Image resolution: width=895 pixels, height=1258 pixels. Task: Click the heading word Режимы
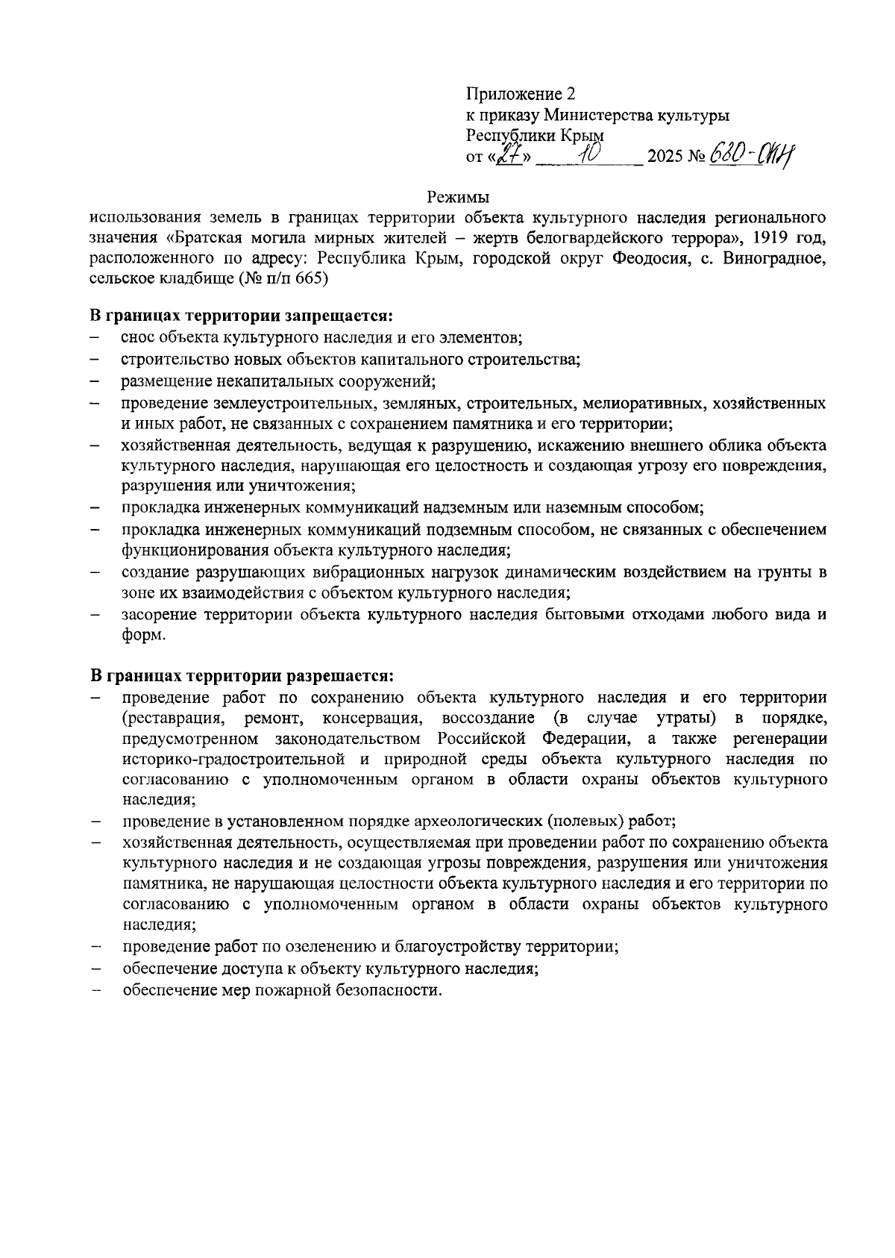click(x=458, y=198)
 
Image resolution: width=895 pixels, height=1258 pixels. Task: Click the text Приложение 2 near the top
click(x=521, y=94)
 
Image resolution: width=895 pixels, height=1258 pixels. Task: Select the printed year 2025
click(x=665, y=158)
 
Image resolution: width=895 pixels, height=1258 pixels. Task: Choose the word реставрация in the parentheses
click(x=173, y=719)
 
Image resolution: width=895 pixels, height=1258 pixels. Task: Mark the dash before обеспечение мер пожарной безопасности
click(x=95, y=991)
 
